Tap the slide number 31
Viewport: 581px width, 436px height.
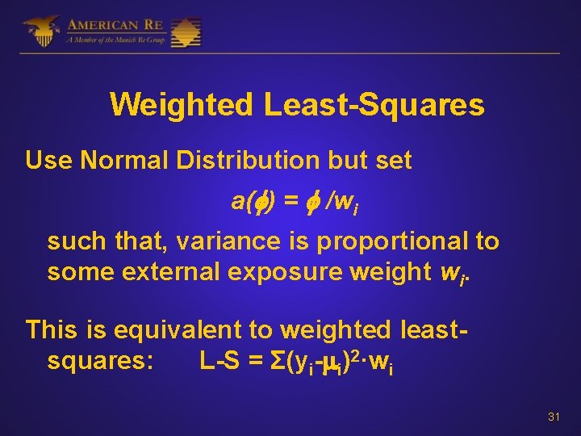[554, 417]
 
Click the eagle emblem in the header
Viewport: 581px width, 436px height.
[40, 31]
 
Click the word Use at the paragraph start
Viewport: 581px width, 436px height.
[49, 161]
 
